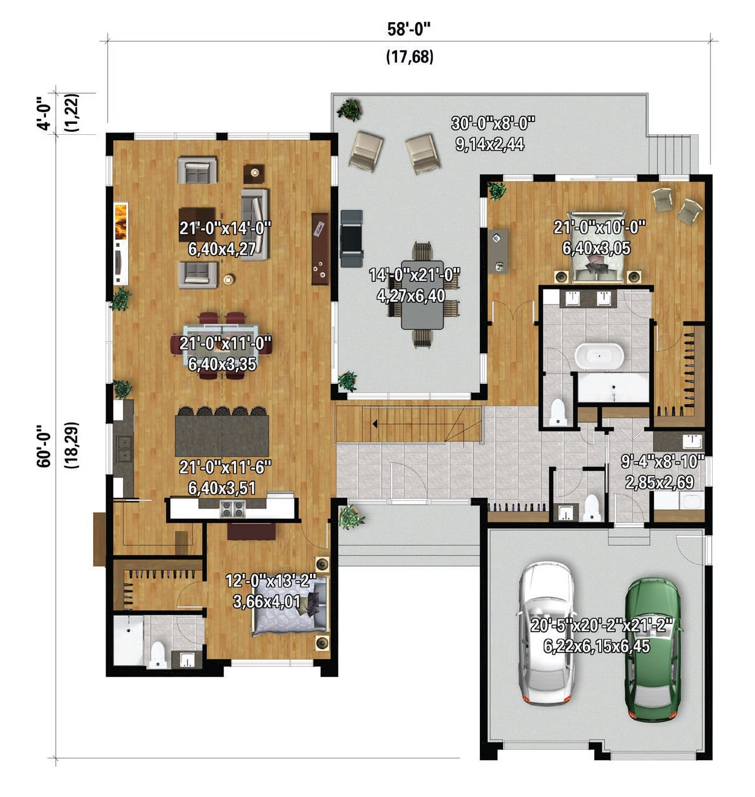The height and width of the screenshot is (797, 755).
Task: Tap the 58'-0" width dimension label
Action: (x=409, y=29)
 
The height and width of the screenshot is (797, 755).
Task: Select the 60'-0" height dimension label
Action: (x=44, y=446)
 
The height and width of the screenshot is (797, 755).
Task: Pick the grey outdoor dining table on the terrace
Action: (x=422, y=294)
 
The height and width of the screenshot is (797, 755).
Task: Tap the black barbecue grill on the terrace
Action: (x=351, y=238)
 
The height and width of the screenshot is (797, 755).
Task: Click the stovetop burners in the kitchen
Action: (x=233, y=509)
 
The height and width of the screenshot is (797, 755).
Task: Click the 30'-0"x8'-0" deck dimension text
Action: (x=493, y=123)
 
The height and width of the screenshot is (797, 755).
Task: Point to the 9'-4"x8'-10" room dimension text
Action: (x=662, y=461)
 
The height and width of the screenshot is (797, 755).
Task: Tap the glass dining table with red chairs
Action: (x=221, y=345)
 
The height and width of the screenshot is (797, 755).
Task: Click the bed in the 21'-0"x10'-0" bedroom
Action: (x=597, y=246)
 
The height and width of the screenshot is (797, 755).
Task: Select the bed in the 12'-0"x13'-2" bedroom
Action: (x=290, y=604)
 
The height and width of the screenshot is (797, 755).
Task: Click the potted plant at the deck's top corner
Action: (x=349, y=110)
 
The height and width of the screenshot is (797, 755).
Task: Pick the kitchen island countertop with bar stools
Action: (x=222, y=435)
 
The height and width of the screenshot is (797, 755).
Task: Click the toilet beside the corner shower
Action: (x=158, y=655)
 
